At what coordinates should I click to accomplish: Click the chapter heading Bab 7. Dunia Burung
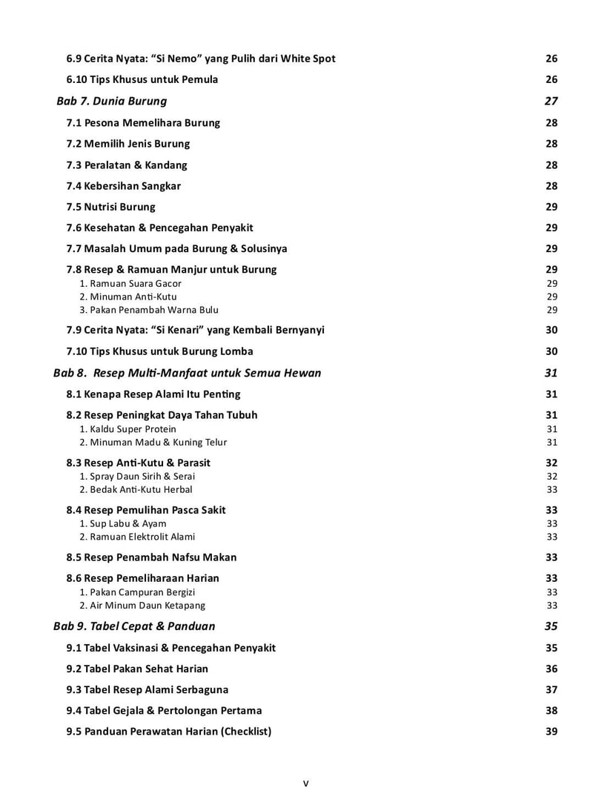click(112, 101)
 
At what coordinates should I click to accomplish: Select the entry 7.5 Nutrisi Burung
click(110, 207)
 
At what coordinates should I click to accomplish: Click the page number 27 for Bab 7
click(551, 101)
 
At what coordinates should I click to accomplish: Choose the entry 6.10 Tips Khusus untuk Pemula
click(142, 79)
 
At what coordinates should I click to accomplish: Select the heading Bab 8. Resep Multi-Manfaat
click(188, 373)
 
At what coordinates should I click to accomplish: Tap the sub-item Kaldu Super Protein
click(128, 428)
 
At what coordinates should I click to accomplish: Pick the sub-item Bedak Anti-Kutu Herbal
click(136, 489)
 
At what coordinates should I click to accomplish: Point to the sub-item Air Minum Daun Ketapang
click(142, 605)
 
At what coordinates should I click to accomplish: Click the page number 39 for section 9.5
click(551, 731)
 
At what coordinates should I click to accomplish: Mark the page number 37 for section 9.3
click(551, 689)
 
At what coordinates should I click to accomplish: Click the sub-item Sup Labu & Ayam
click(123, 523)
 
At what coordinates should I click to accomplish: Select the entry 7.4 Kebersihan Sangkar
click(124, 186)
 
